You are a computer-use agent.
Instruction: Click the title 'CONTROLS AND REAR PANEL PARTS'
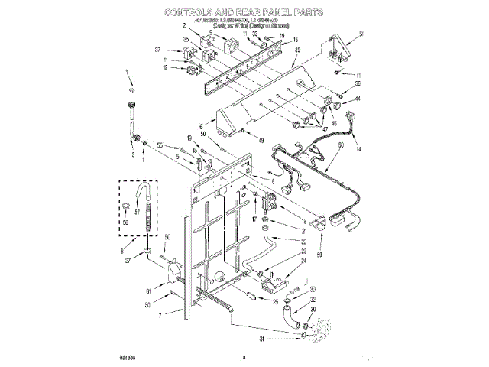[244, 13]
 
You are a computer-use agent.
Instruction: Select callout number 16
[200, 128]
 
